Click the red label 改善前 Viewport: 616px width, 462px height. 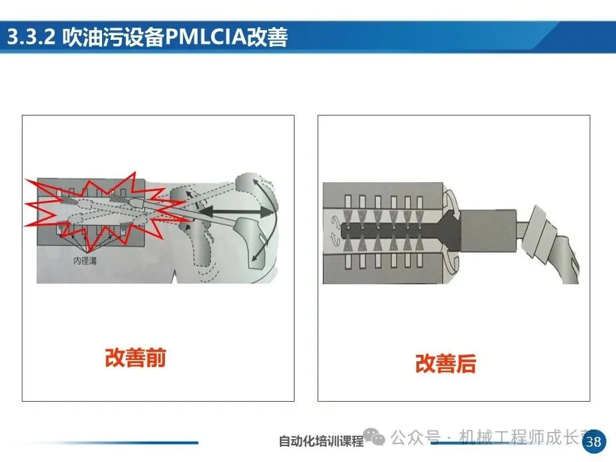click(x=135, y=357)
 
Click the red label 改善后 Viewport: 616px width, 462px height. click(x=446, y=364)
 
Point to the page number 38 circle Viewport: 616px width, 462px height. click(x=594, y=441)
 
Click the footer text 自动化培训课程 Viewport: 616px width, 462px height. click(x=321, y=441)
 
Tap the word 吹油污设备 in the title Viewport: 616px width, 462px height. click(x=114, y=37)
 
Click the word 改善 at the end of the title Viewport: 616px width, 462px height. click(x=268, y=37)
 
